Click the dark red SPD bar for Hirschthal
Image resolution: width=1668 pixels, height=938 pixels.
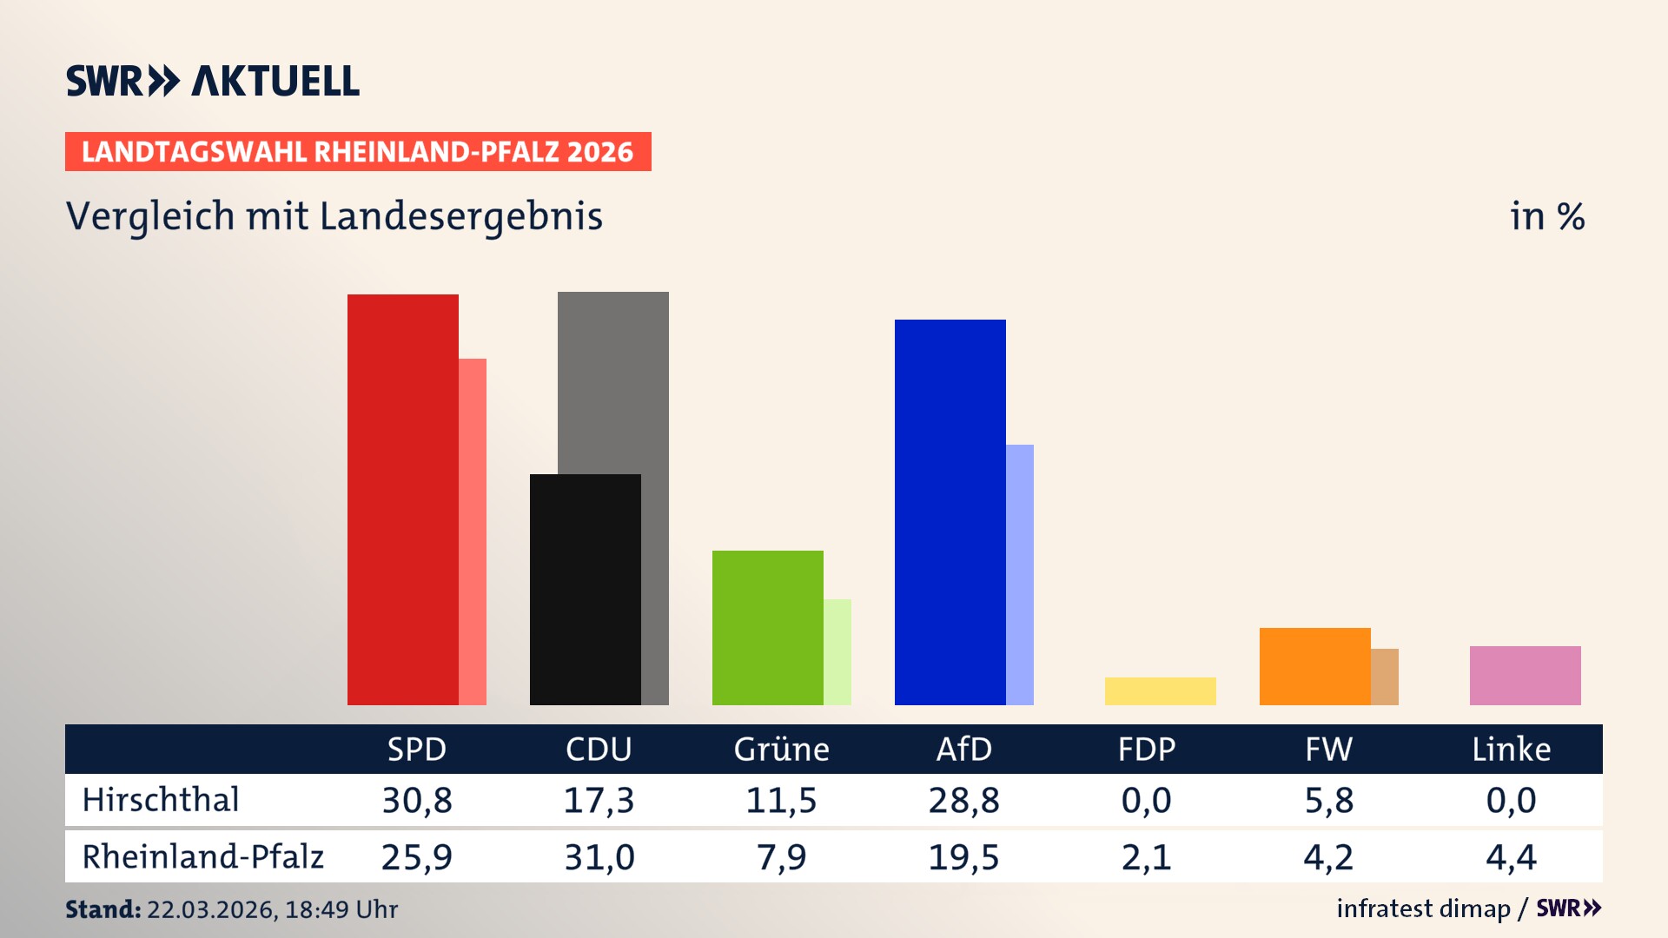[x=402, y=499]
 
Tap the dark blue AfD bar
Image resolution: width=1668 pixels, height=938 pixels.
[x=950, y=512]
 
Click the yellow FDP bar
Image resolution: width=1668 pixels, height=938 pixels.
[x=1160, y=691]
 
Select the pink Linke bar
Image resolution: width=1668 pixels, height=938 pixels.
[x=1525, y=676]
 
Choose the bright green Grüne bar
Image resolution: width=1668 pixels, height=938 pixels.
[x=767, y=627]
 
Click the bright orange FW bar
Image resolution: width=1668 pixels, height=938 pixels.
[x=1314, y=666]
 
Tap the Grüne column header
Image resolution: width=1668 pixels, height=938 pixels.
[x=781, y=750]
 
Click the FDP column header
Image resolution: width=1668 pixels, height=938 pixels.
[x=1146, y=750]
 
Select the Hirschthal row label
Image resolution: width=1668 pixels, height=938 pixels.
[x=161, y=800]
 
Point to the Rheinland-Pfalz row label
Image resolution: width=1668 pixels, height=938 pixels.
[x=202, y=857]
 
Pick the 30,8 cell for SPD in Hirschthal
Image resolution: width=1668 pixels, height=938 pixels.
[x=417, y=800]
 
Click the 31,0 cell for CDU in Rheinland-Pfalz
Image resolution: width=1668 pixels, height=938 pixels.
[x=599, y=857]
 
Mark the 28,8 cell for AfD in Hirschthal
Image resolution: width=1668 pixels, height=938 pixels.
[x=963, y=800]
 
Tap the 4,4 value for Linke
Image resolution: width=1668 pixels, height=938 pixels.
[x=1511, y=857]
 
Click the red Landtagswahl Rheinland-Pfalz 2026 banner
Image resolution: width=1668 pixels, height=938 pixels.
[x=358, y=152]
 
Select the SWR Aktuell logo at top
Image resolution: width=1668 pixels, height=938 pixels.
[x=213, y=81]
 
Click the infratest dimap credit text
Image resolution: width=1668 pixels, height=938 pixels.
[x=1423, y=908]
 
